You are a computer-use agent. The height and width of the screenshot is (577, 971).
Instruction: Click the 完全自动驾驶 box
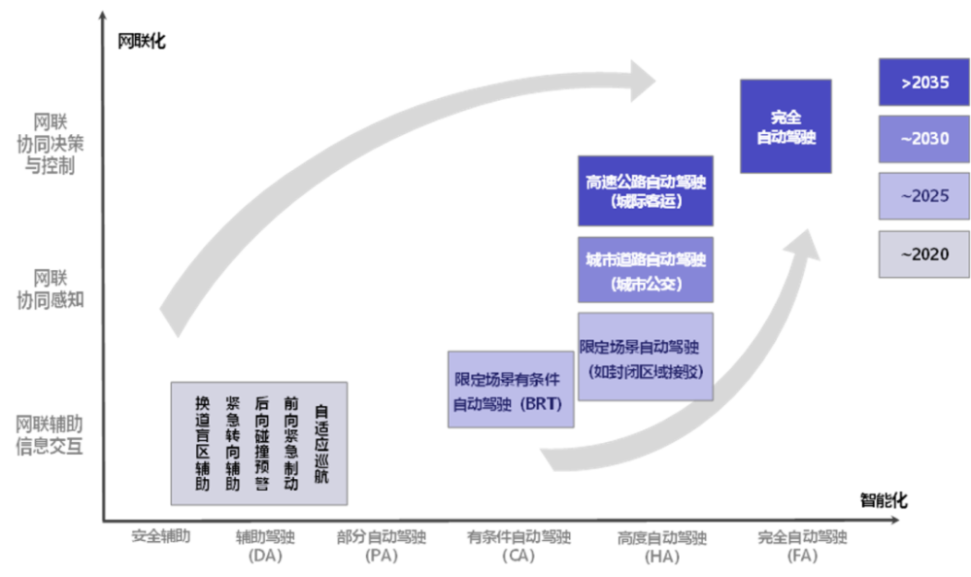point(786,126)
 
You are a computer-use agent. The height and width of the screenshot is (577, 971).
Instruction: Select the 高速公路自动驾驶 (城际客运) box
point(646,190)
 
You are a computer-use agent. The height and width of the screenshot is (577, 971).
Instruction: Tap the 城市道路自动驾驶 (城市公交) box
point(646,270)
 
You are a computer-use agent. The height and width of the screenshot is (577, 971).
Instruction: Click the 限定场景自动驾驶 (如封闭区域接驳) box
point(646,356)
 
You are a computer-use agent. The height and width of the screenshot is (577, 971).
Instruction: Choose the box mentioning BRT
point(510,389)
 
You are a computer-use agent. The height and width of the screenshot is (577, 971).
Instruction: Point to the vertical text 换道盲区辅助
point(202,443)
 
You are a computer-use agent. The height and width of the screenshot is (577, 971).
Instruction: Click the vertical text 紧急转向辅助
point(233,443)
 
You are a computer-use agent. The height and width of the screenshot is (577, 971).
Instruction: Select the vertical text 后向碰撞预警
point(262,443)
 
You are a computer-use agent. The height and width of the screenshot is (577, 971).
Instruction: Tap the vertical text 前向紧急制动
point(291,443)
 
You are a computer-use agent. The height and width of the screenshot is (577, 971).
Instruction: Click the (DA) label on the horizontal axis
point(264,557)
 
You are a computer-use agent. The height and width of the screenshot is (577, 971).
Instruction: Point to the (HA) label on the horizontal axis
point(661,557)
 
